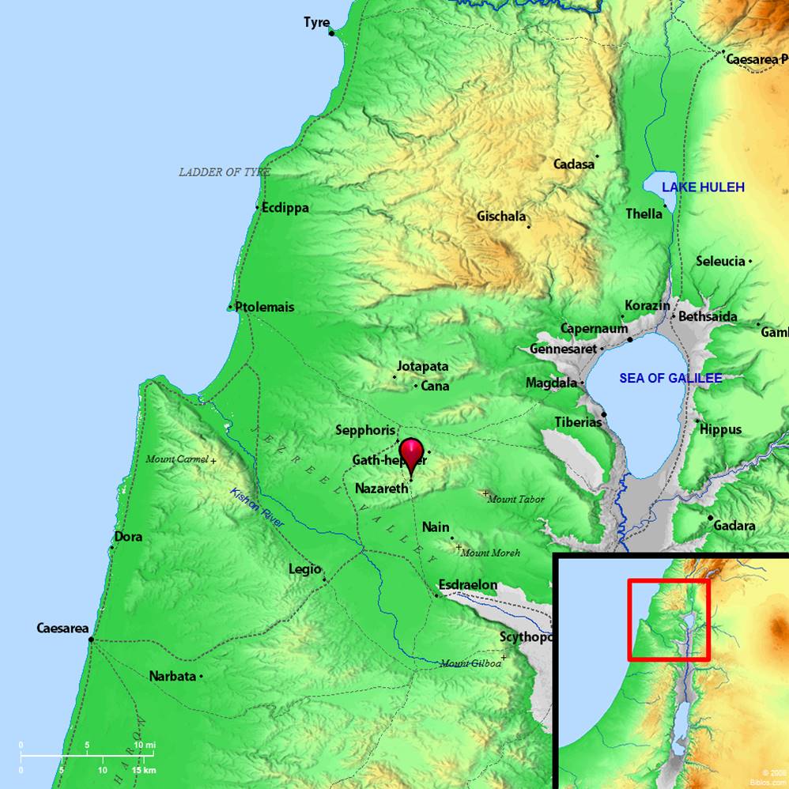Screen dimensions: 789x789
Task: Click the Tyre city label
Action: pyautogui.click(x=316, y=22)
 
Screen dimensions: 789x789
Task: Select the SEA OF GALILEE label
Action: pyautogui.click(x=670, y=378)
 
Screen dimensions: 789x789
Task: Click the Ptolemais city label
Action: pyautogui.click(x=264, y=306)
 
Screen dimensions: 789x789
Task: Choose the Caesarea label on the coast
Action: pyautogui.click(x=62, y=628)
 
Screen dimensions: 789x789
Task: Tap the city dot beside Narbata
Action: pyautogui.click(x=202, y=676)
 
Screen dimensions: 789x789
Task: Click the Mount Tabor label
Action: pyautogui.click(x=516, y=499)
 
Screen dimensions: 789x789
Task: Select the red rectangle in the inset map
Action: pyautogui.click(x=669, y=619)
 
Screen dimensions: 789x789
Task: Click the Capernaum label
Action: pyautogui.click(x=594, y=329)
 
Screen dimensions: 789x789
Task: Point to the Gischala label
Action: pyautogui.click(x=501, y=216)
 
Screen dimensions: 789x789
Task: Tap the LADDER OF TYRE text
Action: pyautogui.click(x=225, y=172)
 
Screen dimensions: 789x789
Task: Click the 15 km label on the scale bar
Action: pyautogui.click(x=144, y=770)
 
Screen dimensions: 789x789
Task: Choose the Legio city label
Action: pyautogui.click(x=305, y=569)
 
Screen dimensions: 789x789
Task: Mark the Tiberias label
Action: pyautogui.click(x=578, y=422)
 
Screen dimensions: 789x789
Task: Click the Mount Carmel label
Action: pyautogui.click(x=177, y=459)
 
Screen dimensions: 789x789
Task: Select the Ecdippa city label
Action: pyautogui.click(x=285, y=208)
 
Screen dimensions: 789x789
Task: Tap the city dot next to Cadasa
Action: pyautogui.click(x=598, y=157)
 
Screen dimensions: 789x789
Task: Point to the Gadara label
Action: pyautogui.click(x=734, y=525)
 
